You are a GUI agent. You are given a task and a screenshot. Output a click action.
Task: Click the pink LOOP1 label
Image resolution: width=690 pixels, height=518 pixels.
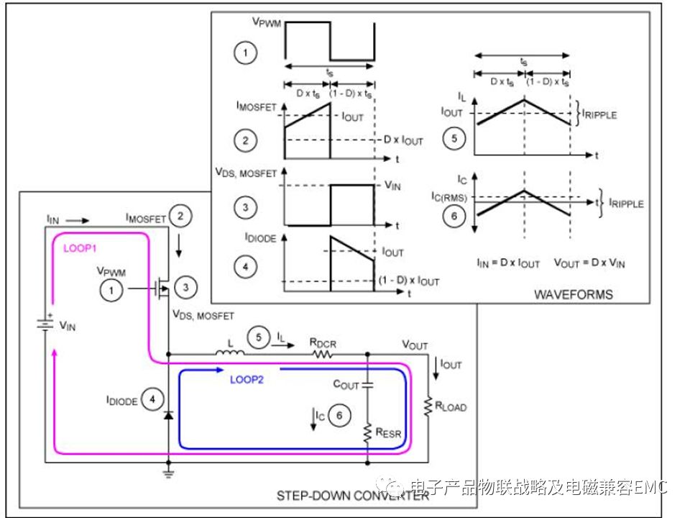tap(80, 247)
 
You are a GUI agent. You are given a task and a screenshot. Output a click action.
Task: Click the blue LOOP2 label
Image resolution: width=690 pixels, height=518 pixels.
tap(247, 380)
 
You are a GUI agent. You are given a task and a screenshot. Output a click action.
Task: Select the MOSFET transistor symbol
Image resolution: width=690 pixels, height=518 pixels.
tap(162, 289)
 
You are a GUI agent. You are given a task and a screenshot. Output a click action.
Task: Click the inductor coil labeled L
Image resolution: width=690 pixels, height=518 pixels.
tap(230, 352)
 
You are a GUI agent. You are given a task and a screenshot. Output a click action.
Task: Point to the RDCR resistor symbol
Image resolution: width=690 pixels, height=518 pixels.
tap(323, 354)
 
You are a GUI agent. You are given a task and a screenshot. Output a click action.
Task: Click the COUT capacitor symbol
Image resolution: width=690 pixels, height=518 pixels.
tap(367, 386)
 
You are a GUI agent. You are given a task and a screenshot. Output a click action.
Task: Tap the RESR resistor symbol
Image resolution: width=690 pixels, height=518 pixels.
tap(367, 432)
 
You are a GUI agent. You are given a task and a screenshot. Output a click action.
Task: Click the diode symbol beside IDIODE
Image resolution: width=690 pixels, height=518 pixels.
tap(168, 415)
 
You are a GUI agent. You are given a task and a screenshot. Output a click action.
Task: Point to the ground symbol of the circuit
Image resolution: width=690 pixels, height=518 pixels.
tap(168, 472)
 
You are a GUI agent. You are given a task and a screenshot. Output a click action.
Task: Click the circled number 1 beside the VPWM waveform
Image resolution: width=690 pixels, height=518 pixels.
tap(246, 52)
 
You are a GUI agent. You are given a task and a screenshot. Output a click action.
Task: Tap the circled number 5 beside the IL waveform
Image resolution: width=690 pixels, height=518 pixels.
tap(454, 138)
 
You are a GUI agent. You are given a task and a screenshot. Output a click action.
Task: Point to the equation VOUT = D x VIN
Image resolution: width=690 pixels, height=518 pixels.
tap(590, 263)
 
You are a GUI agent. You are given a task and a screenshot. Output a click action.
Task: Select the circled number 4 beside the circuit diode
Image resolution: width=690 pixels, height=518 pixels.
tap(152, 399)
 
